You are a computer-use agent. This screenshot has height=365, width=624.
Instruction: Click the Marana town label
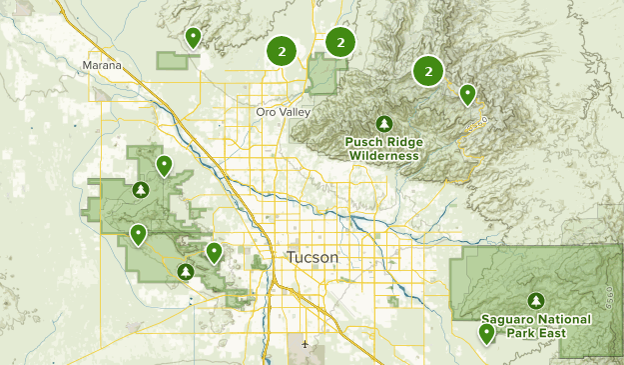coord(104,66)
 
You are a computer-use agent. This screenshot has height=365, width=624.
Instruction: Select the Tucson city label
coord(312,257)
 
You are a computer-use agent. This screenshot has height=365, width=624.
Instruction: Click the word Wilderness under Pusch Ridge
coord(382,155)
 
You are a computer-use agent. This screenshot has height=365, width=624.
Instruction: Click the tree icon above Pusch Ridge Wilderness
coord(383,123)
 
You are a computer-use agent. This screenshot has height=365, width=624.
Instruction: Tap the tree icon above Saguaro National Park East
coord(537,299)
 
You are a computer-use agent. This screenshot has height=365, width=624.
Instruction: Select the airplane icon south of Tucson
coord(305,345)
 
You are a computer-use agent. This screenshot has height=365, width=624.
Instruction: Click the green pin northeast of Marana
coord(194,38)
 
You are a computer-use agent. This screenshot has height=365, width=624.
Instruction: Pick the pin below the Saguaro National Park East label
coord(486,333)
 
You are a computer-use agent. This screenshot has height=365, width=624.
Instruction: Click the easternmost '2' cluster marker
coord(428,71)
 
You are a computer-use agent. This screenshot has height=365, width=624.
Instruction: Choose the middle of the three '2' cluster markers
coord(340,42)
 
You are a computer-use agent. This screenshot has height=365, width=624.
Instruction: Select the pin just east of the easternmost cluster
coord(467,95)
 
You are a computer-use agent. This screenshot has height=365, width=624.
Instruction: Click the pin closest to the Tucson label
coord(214,252)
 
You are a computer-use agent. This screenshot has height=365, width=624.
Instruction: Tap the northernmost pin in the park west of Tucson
coord(163,165)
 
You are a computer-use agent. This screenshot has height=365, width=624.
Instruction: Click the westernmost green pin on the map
coord(138,235)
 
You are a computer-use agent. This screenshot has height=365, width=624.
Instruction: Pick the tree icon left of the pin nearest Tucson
coord(185,271)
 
